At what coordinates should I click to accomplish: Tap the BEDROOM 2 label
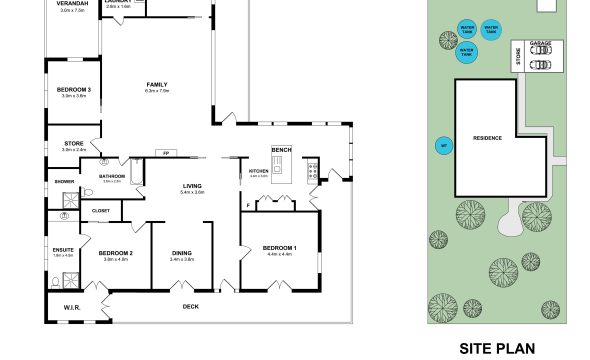[116, 253]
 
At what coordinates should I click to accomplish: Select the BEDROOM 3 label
[74, 90]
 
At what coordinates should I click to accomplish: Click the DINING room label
[182, 253]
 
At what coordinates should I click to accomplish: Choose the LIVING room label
[192, 185]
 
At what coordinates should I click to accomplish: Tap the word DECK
[191, 307]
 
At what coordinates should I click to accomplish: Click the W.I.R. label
[72, 307]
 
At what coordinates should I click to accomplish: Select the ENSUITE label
[62, 249]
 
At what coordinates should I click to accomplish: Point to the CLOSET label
[101, 211]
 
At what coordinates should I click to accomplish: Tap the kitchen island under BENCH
[281, 172]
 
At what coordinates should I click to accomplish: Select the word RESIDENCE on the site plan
[487, 138]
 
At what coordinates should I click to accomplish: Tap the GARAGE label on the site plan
[539, 44]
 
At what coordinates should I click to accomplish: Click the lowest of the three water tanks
[465, 49]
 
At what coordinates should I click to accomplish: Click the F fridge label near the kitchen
[247, 206]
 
